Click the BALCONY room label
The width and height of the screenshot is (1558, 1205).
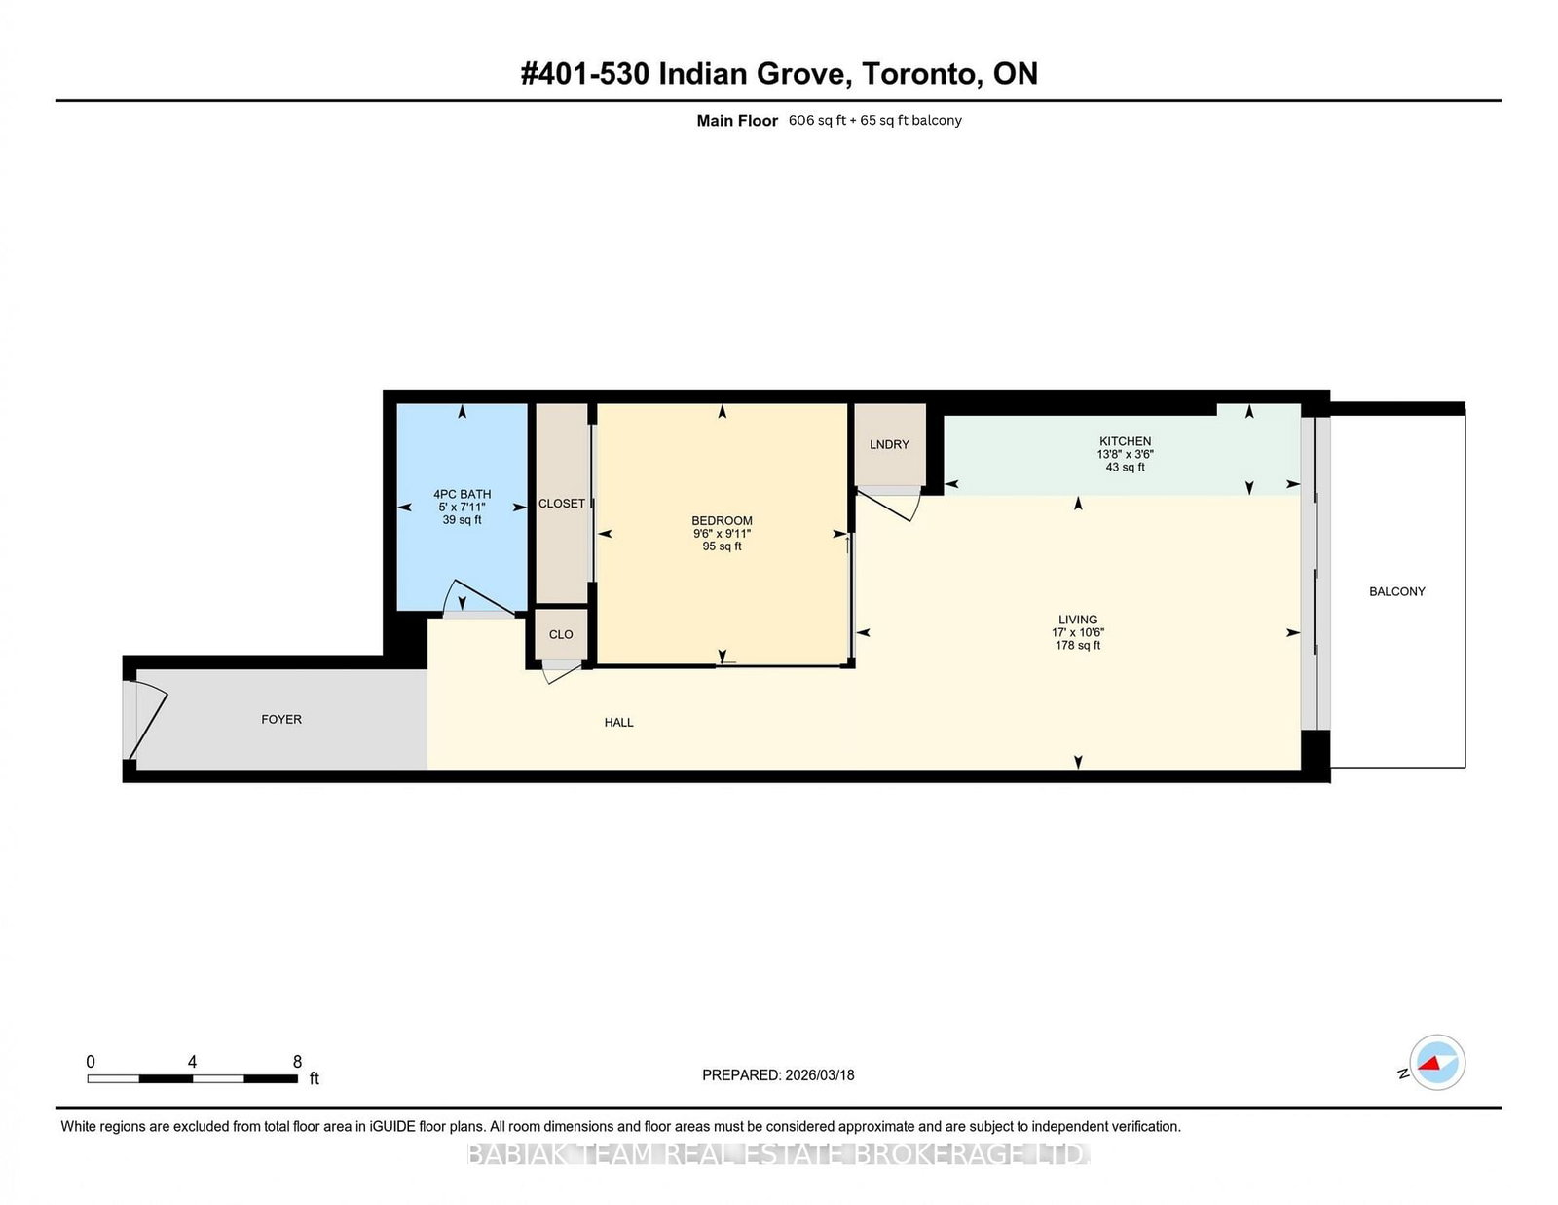[1396, 591]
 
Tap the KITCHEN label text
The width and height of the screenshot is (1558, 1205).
[1125, 441]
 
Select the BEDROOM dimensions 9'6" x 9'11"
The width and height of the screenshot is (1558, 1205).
[722, 534]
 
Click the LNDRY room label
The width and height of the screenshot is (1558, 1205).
[889, 444]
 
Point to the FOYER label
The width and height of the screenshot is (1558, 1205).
[281, 719]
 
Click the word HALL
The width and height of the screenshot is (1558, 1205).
[618, 722]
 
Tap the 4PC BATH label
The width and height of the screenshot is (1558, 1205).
[462, 494]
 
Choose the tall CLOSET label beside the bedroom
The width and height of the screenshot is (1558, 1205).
[562, 504]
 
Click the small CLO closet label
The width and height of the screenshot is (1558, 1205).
[561, 634]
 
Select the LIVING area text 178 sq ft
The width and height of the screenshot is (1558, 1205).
[1077, 645]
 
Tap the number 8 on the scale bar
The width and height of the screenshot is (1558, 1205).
[297, 1062]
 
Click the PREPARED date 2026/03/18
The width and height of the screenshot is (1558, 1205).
[819, 1075]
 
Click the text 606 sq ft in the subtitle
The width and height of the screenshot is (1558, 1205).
[816, 121]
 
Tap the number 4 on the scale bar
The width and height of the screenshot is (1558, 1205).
[192, 1062]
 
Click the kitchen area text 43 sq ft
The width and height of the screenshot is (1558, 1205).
[1125, 468]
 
